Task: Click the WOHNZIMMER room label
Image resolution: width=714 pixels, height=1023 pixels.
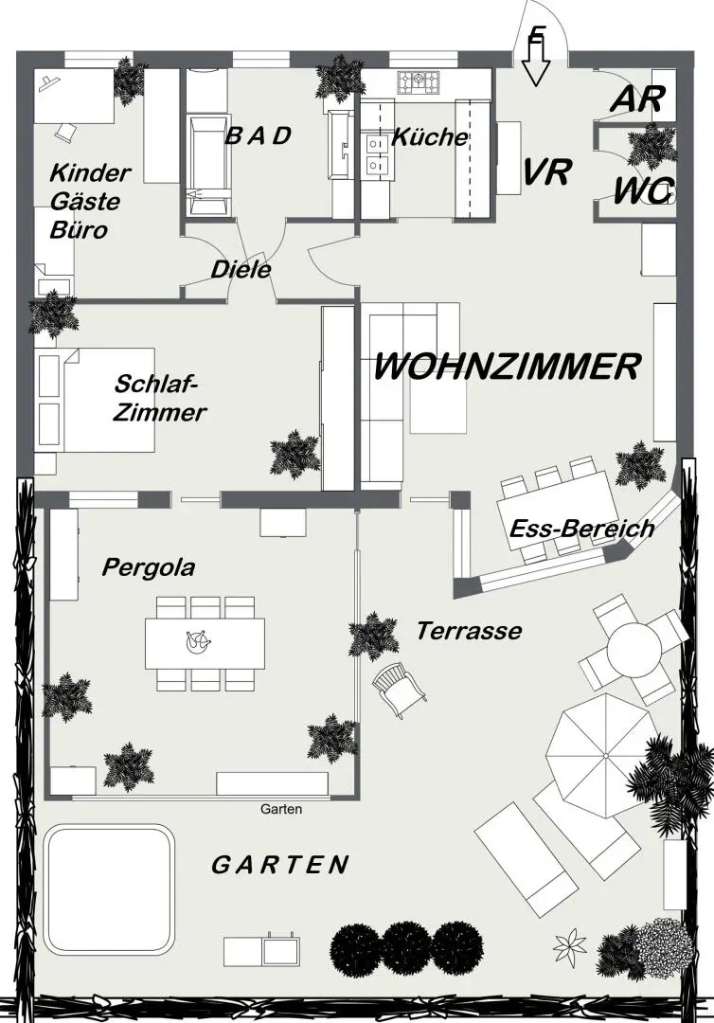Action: (x=508, y=367)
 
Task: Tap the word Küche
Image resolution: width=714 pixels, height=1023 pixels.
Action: (x=430, y=136)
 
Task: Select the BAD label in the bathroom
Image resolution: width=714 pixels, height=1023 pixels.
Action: (x=257, y=135)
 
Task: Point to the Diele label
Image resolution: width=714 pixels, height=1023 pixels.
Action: (x=241, y=269)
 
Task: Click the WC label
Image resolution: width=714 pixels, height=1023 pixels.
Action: (x=643, y=190)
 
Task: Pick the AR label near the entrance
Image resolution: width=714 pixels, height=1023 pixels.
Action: (x=637, y=99)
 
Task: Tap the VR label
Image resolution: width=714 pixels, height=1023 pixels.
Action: (x=546, y=172)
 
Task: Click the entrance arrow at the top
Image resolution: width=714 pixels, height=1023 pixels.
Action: (x=536, y=59)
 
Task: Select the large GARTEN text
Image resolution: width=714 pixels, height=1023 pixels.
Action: (x=279, y=865)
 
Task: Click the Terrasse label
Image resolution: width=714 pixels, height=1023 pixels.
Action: (x=469, y=630)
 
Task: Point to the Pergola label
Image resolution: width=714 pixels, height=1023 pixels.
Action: (x=149, y=567)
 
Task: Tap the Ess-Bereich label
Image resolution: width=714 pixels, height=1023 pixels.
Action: (x=581, y=529)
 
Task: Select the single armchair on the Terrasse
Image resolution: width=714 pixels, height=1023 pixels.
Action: (x=398, y=687)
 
